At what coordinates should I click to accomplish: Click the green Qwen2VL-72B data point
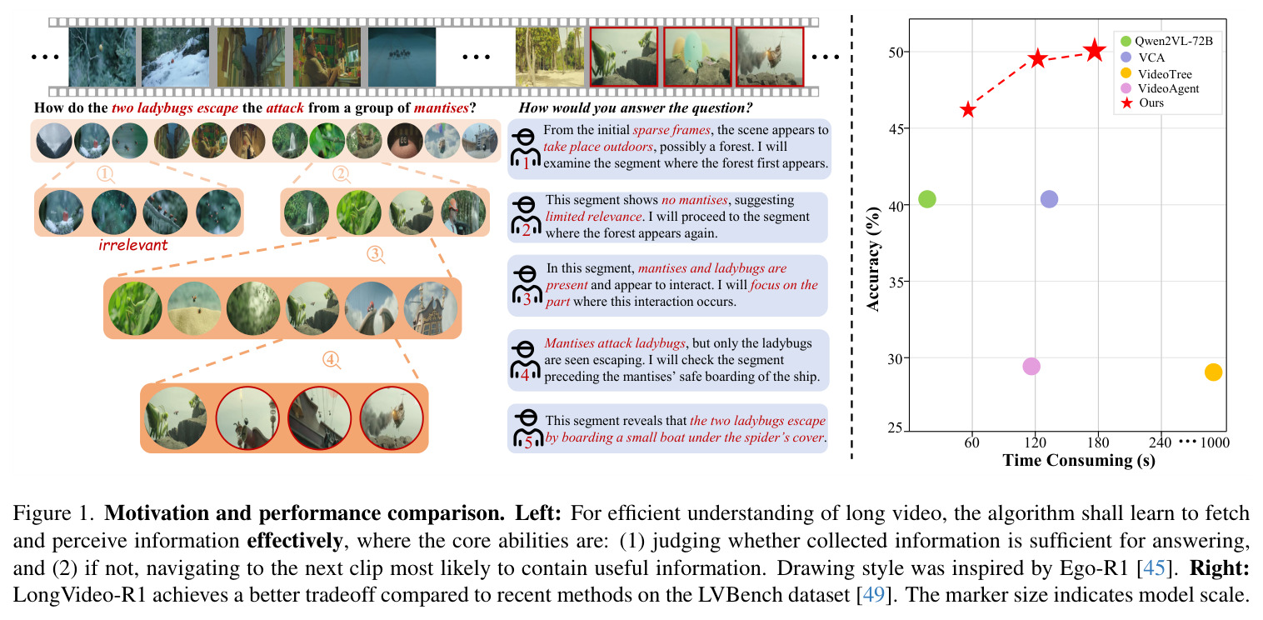point(927,198)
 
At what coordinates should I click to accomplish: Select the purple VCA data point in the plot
point(1049,198)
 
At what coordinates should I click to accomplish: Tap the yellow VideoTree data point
point(1213,372)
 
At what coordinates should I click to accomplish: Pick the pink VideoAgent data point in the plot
point(1031,366)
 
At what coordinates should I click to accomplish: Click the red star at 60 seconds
point(967,110)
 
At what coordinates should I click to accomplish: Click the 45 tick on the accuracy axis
point(896,129)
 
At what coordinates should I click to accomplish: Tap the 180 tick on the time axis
point(1097,442)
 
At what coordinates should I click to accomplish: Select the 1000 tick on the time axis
point(1215,442)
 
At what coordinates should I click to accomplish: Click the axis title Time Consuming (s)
point(1079,460)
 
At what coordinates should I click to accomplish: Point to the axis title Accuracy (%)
point(873,259)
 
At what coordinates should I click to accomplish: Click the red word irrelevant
point(133,245)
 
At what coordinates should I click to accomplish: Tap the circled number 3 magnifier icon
point(376,254)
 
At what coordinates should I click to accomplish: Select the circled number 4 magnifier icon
point(332,360)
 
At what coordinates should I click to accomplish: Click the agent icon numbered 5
point(526,429)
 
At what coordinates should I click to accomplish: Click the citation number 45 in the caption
point(1154,567)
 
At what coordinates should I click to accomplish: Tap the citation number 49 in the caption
point(873,595)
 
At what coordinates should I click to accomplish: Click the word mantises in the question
point(441,107)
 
